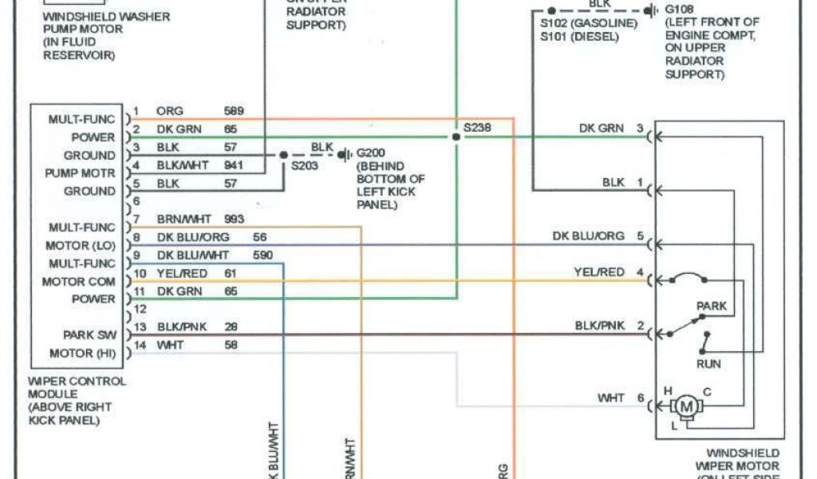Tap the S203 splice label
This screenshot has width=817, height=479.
(x=303, y=166)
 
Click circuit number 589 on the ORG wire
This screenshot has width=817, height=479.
(x=234, y=111)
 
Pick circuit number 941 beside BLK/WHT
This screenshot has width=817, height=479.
(x=234, y=166)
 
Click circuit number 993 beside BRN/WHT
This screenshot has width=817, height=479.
(x=234, y=219)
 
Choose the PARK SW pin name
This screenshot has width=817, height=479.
(x=89, y=335)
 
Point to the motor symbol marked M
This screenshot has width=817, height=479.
(x=685, y=407)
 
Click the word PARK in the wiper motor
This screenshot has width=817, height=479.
(x=711, y=306)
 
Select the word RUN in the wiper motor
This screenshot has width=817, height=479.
(x=708, y=364)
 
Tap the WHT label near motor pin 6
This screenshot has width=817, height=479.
(x=611, y=398)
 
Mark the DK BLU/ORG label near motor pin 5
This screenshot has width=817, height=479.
(x=588, y=236)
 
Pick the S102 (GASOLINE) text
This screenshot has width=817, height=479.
(x=588, y=23)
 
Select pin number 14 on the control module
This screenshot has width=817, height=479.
(x=139, y=345)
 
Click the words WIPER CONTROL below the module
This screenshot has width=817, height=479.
(x=77, y=382)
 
